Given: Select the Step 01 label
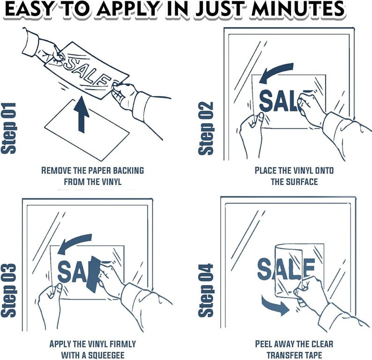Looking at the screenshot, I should click(x=10, y=128).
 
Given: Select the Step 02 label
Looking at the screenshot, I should click(x=207, y=128).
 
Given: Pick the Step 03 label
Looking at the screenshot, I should click(x=10, y=291).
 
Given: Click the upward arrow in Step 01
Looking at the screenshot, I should click(x=83, y=115).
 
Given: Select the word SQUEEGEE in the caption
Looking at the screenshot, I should click(x=99, y=355).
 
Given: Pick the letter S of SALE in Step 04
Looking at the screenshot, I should click(x=265, y=270).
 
